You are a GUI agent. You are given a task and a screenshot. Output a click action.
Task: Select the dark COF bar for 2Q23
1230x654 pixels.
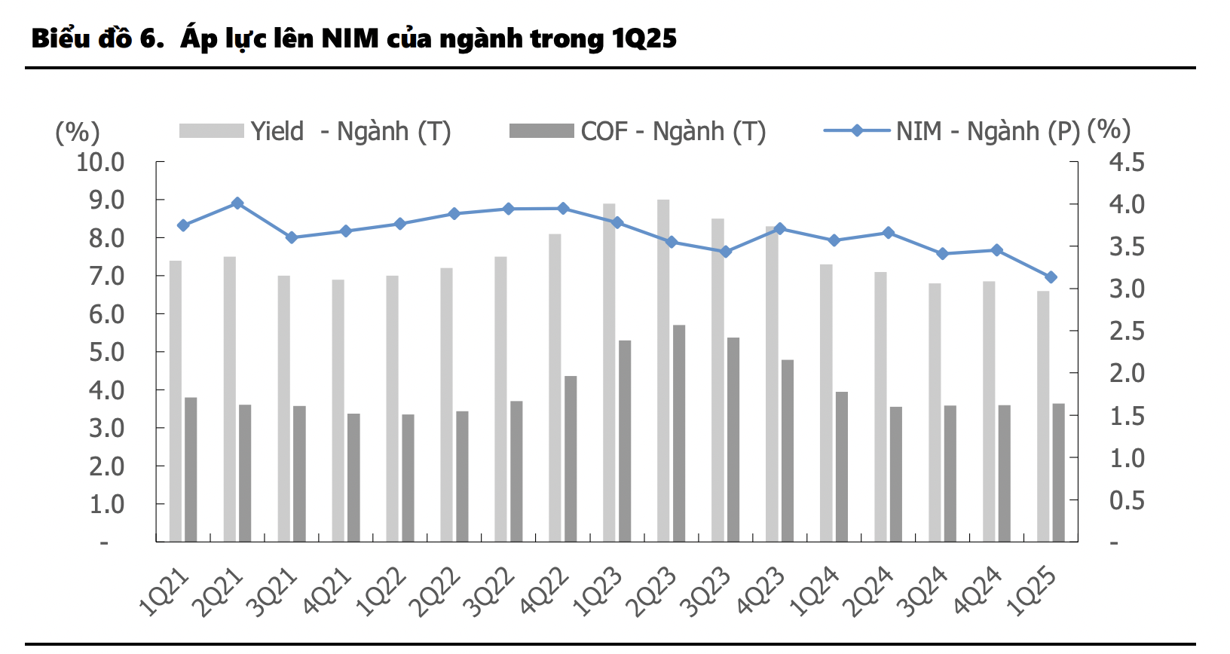[x=679, y=433]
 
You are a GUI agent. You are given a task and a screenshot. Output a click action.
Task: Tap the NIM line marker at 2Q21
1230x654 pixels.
[x=237, y=203]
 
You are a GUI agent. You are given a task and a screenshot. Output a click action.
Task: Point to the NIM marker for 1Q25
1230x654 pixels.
[x=1051, y=277]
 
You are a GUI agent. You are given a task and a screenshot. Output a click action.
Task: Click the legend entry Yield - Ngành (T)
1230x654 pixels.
[x=315, y=131]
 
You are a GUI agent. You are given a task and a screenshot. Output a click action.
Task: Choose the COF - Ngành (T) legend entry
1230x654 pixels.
[x=638, y=131]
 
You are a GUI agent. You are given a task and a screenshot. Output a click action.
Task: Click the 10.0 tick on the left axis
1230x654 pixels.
[x=100, y=162]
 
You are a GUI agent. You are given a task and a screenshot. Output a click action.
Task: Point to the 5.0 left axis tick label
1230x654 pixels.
[x=106, y=352]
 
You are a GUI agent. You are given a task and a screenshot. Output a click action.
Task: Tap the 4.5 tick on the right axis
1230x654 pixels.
[x=1127, y=162]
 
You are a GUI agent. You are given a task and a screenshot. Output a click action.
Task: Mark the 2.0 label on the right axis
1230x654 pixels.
[x=1127, y=373]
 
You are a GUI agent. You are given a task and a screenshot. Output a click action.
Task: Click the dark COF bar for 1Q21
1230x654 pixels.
[x=191, y=469]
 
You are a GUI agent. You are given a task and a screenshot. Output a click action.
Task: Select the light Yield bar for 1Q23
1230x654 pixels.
[x=609, y=373]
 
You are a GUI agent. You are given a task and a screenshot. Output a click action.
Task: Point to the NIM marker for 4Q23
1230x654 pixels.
[x=780, y=229]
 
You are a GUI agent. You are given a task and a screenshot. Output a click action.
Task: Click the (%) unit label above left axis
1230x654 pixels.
[x=77, y=133]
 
